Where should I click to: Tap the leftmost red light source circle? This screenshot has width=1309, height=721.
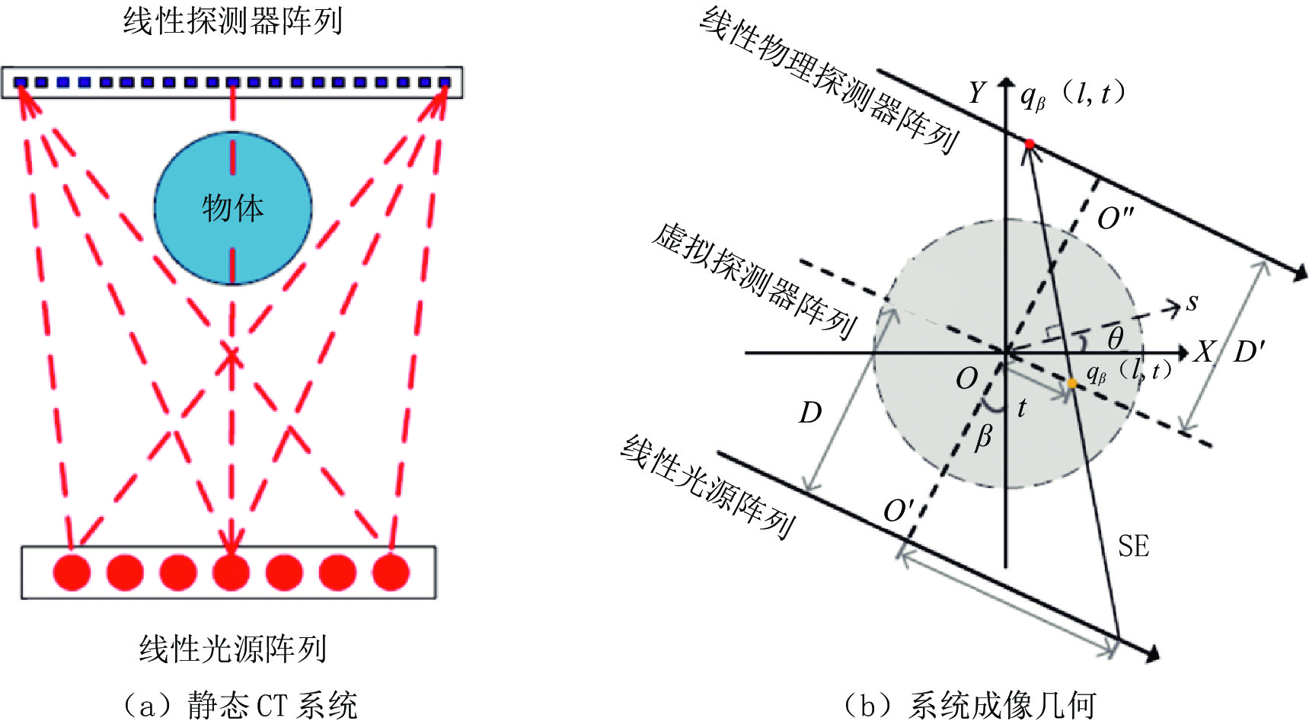click(x=72, y=572)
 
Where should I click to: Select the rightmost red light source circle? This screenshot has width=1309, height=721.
click(x=391, y=572)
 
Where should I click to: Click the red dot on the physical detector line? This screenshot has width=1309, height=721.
click(x=1030, y=144)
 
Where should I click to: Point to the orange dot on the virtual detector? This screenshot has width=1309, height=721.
click(x=1072, y=384)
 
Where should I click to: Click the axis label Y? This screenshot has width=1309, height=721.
click(x=976, y=93)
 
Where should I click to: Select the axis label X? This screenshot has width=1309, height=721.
click(x=1205, y=352)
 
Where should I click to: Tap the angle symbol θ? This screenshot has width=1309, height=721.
click(x=1115, y=337)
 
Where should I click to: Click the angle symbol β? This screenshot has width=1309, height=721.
click(x=984, y=437)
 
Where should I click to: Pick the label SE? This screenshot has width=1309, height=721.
click(x=1133, y=547)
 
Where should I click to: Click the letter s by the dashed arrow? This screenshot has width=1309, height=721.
click(x=1192, y=302)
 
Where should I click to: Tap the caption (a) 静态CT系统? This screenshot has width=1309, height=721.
click(x=239, y=705)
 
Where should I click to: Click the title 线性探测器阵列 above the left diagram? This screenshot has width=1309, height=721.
click(x=232, y=21)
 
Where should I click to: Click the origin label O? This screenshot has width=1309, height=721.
click(x=967, y=378)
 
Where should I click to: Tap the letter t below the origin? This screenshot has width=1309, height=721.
click(x=1022, y=409)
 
